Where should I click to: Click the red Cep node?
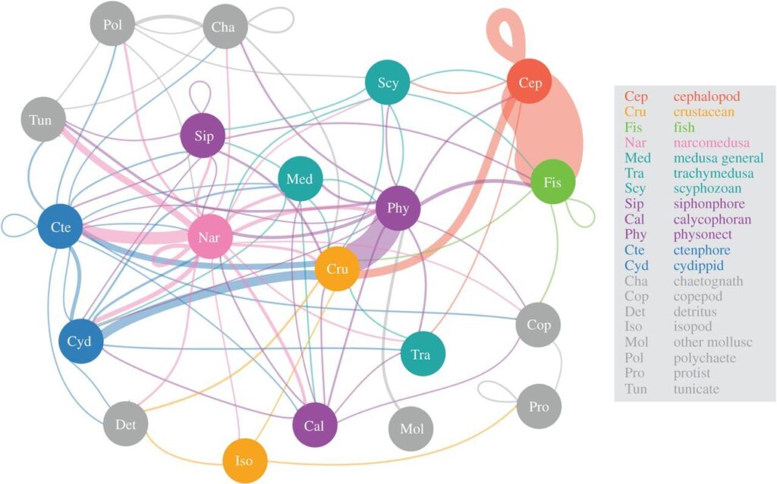coord(530,82)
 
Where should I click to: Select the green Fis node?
coord(552,182)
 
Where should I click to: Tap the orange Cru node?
coord(337,269)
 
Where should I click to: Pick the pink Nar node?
coord(209,237)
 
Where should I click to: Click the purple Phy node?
coord(398,208)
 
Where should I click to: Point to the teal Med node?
coord(300,178)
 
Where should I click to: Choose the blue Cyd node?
coord(80,341)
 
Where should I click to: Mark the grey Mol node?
coord(411,429)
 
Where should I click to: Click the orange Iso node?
coord(244,460)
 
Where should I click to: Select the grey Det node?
coord(125,424)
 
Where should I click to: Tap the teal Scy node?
coord(388,82)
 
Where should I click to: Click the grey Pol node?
coord(113,24)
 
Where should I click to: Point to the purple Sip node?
coord(203,135)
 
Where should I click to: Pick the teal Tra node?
coord(422,354)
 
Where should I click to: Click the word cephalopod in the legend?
coord(706,97)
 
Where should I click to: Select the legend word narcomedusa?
coord(712,143)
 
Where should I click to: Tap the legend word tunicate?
coord(697,388)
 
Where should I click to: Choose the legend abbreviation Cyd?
coord(637,266)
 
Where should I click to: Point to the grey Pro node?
coord(539,406)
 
